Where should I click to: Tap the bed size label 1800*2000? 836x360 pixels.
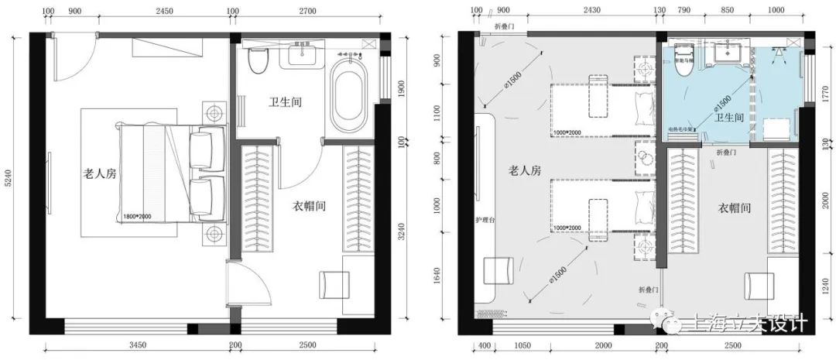click(x=142, y=218)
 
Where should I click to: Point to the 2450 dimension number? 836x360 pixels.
click(x=164, y=12)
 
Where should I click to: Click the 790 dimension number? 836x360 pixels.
click(x=684, y=12)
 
